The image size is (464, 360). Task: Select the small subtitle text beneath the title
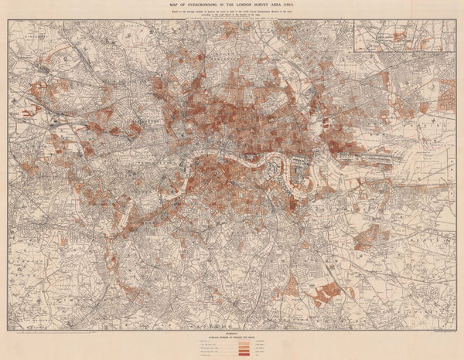[233, 12]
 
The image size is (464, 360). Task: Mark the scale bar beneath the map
[46, 338]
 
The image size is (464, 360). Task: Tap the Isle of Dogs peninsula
[297, 173]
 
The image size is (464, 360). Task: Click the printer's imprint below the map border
[433, 337]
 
